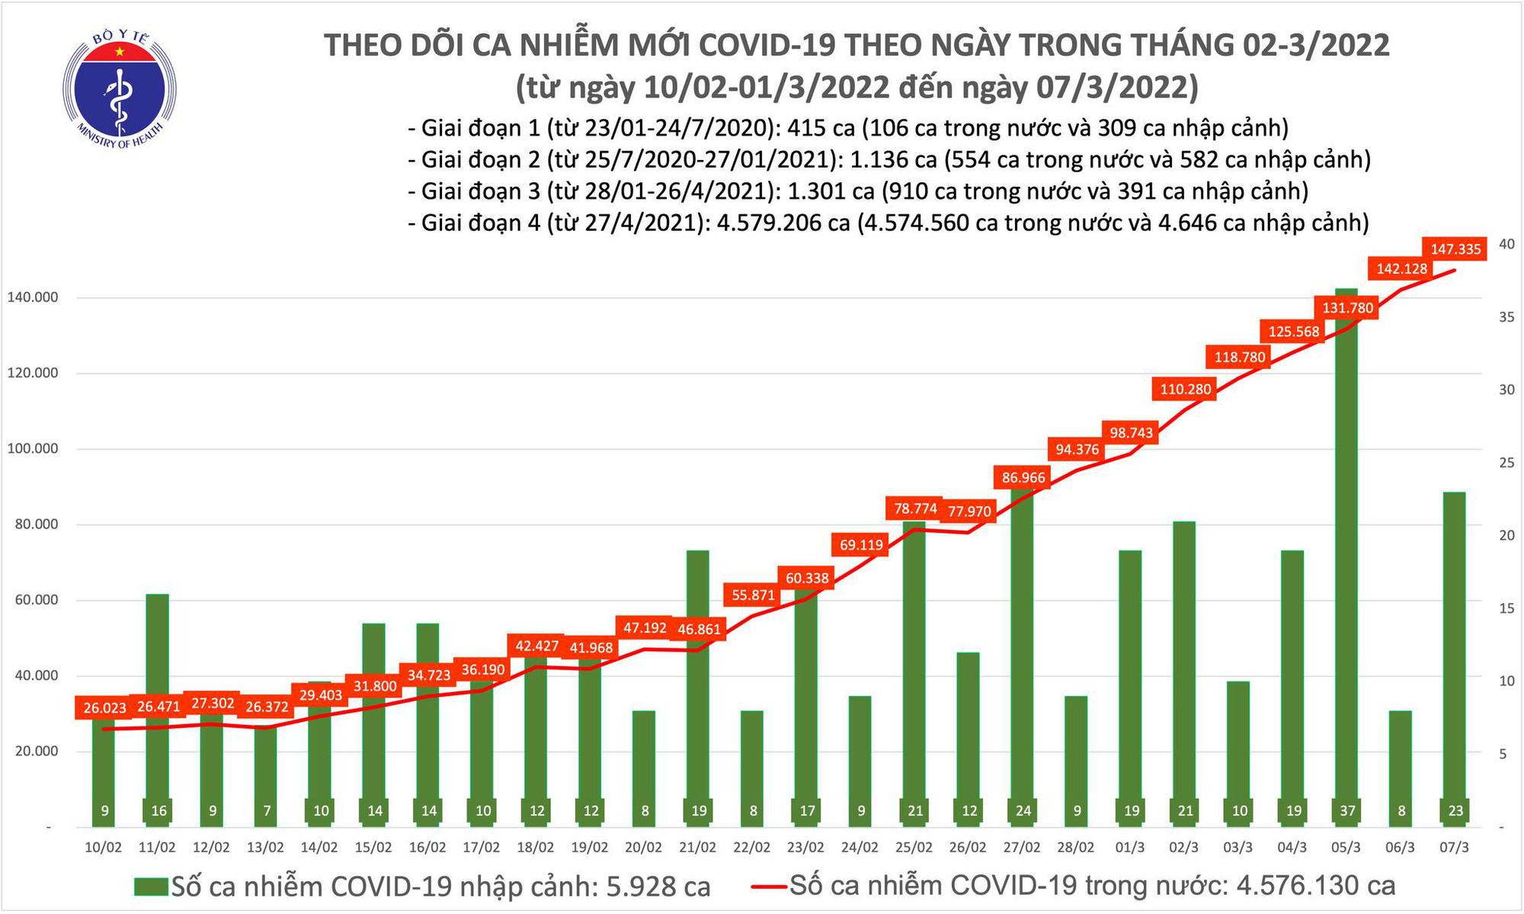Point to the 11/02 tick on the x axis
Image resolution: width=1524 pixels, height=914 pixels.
[x=157, y=848]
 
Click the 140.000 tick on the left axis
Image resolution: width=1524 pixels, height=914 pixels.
[x=33, y=297]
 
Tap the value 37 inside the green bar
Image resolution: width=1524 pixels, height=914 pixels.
[x=1347, y=811]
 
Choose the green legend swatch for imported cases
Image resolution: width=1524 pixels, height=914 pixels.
[x=150, y=887]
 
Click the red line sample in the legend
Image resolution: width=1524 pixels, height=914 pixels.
[x=769, y=887]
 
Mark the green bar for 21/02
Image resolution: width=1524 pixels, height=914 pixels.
[x=698, y=686]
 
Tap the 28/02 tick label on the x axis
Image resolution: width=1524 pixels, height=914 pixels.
[x=1076, y=848]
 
